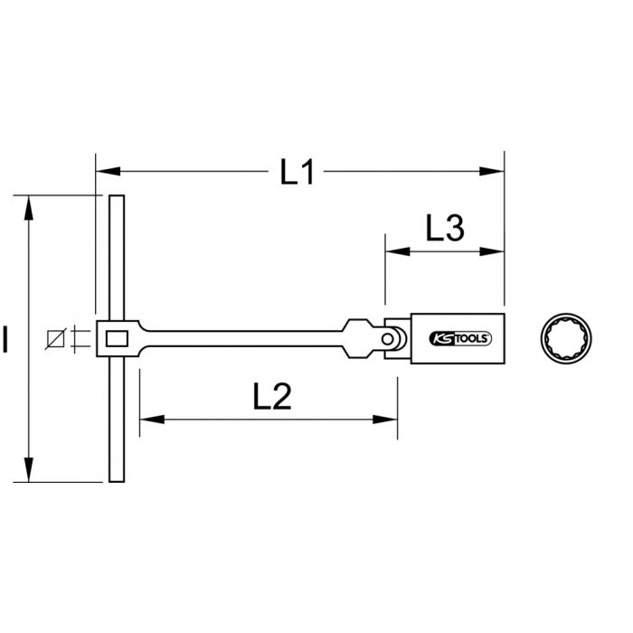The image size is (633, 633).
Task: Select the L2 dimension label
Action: pyautogui.click(x=269, y=395)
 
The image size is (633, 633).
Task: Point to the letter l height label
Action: pyautogui.click(x=6, y=341)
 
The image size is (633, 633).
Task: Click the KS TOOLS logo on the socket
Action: pyautogui.click(x=459, y=340)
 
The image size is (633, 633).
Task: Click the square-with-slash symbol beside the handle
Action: pyautogui.click(x=58, y=339)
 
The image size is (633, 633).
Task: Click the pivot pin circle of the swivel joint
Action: pyautogui.click(x=390, y=339)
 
